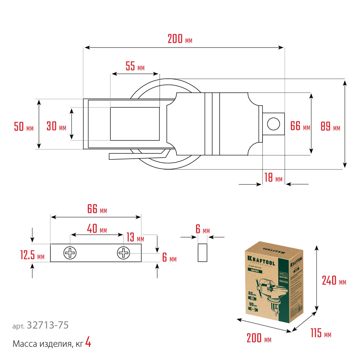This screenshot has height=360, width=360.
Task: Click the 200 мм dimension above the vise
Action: click(180, 39)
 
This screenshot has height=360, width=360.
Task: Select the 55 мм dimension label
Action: click(135, 66)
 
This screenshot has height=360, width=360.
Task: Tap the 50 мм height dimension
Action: click(24, 127)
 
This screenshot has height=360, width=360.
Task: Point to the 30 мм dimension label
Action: click(56, 127)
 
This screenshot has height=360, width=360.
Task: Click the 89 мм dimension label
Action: click(330, 127)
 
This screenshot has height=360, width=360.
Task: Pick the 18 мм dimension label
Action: click(273, 178)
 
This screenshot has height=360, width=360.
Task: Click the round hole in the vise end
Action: click(274, 124)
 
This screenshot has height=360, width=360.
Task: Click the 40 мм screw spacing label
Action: click(97, 229)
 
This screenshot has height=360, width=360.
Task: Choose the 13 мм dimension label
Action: click(135, 237)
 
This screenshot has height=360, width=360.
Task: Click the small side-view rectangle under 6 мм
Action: click(203, 252)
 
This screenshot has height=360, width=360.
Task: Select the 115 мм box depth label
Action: click(320, 334)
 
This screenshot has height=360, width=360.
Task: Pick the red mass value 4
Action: click(88, 343)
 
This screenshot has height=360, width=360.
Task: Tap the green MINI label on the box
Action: click(257, 270)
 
